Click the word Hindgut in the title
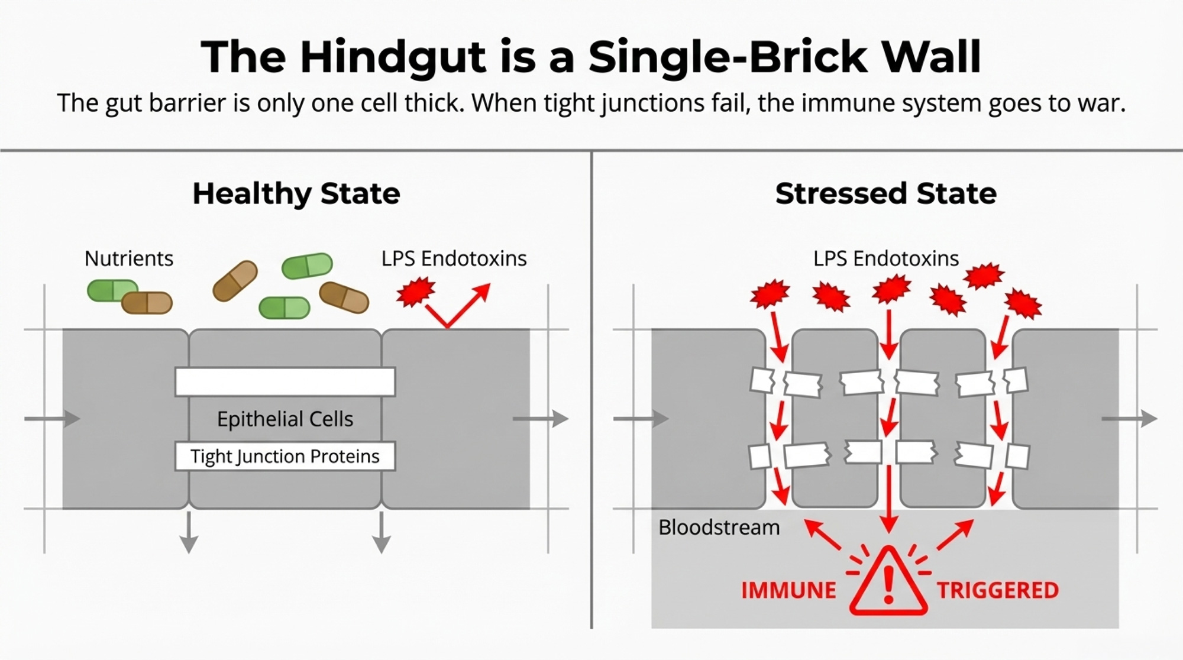(x=393, y=57)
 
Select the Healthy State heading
(x=296, y=193)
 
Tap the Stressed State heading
(x=885, y=193)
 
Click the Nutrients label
(x=129, y=258)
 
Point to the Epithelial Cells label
(x=285, y=419)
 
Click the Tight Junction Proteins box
(x=285, y=456)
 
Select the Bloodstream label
(x=719, y=527)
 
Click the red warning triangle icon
(x=887, y=583)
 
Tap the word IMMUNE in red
(x=788, y=590)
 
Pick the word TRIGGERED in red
(x=998, y=590)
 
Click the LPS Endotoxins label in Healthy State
(x=454, y=258)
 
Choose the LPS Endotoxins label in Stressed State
(x=885, y=258)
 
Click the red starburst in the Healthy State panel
(x=415, y=292)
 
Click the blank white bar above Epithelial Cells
(x=285, y=381)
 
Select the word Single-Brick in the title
(x=728, y=57)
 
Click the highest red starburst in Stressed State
(x=984, y=275)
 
